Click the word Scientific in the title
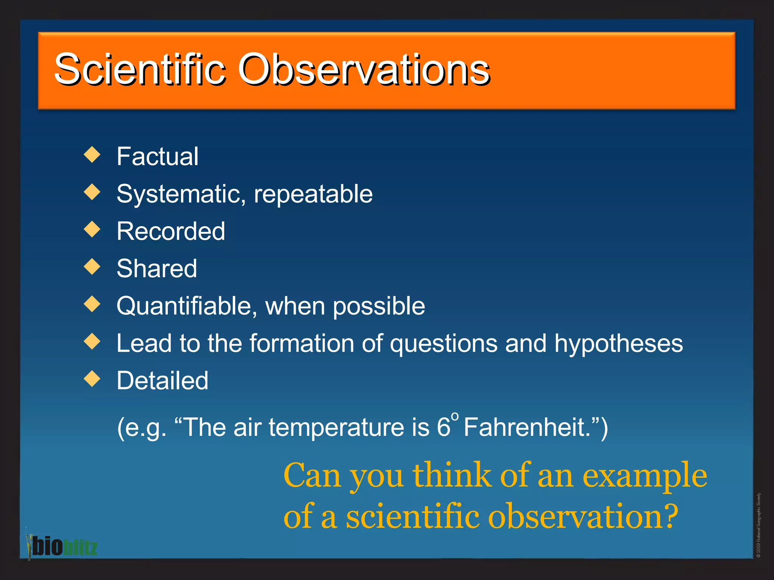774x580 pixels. click(x=140, y=70)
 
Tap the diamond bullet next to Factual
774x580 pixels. click(x=92, y=155)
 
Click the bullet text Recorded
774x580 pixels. click(x=171, y=231)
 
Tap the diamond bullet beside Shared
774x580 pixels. click(x=92, y=267)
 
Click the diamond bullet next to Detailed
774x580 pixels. click(x=92, y=379)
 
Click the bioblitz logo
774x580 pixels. click(x=62, y=546)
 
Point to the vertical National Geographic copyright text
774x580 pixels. click(x=759, y=525)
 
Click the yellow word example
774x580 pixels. click(x=644, y=476)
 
